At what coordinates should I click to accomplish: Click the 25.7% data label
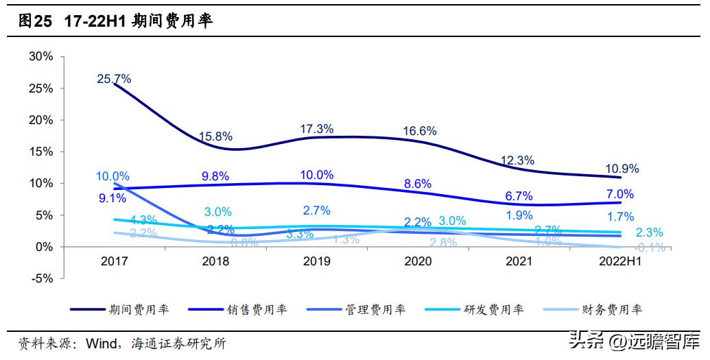114,79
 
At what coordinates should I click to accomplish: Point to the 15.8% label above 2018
215,136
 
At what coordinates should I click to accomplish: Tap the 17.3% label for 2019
316,128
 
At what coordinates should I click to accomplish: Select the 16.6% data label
419,131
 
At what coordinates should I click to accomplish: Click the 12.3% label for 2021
518,160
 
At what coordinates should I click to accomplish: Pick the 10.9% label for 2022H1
622,169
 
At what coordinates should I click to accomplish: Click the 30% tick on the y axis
41,57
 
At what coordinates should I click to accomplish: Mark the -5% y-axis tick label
43,278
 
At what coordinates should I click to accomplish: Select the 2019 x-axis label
316,262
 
